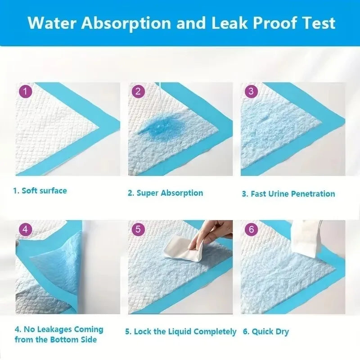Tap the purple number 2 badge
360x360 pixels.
138,92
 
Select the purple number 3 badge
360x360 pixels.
251,92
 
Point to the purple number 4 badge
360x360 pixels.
25,229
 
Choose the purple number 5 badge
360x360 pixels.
138,229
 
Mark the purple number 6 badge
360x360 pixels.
251,229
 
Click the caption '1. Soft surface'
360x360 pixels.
40,191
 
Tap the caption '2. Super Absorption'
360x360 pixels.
165,193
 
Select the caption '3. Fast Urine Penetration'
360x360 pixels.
288,194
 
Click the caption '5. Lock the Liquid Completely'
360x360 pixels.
180,332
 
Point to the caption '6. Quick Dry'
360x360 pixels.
265,332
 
